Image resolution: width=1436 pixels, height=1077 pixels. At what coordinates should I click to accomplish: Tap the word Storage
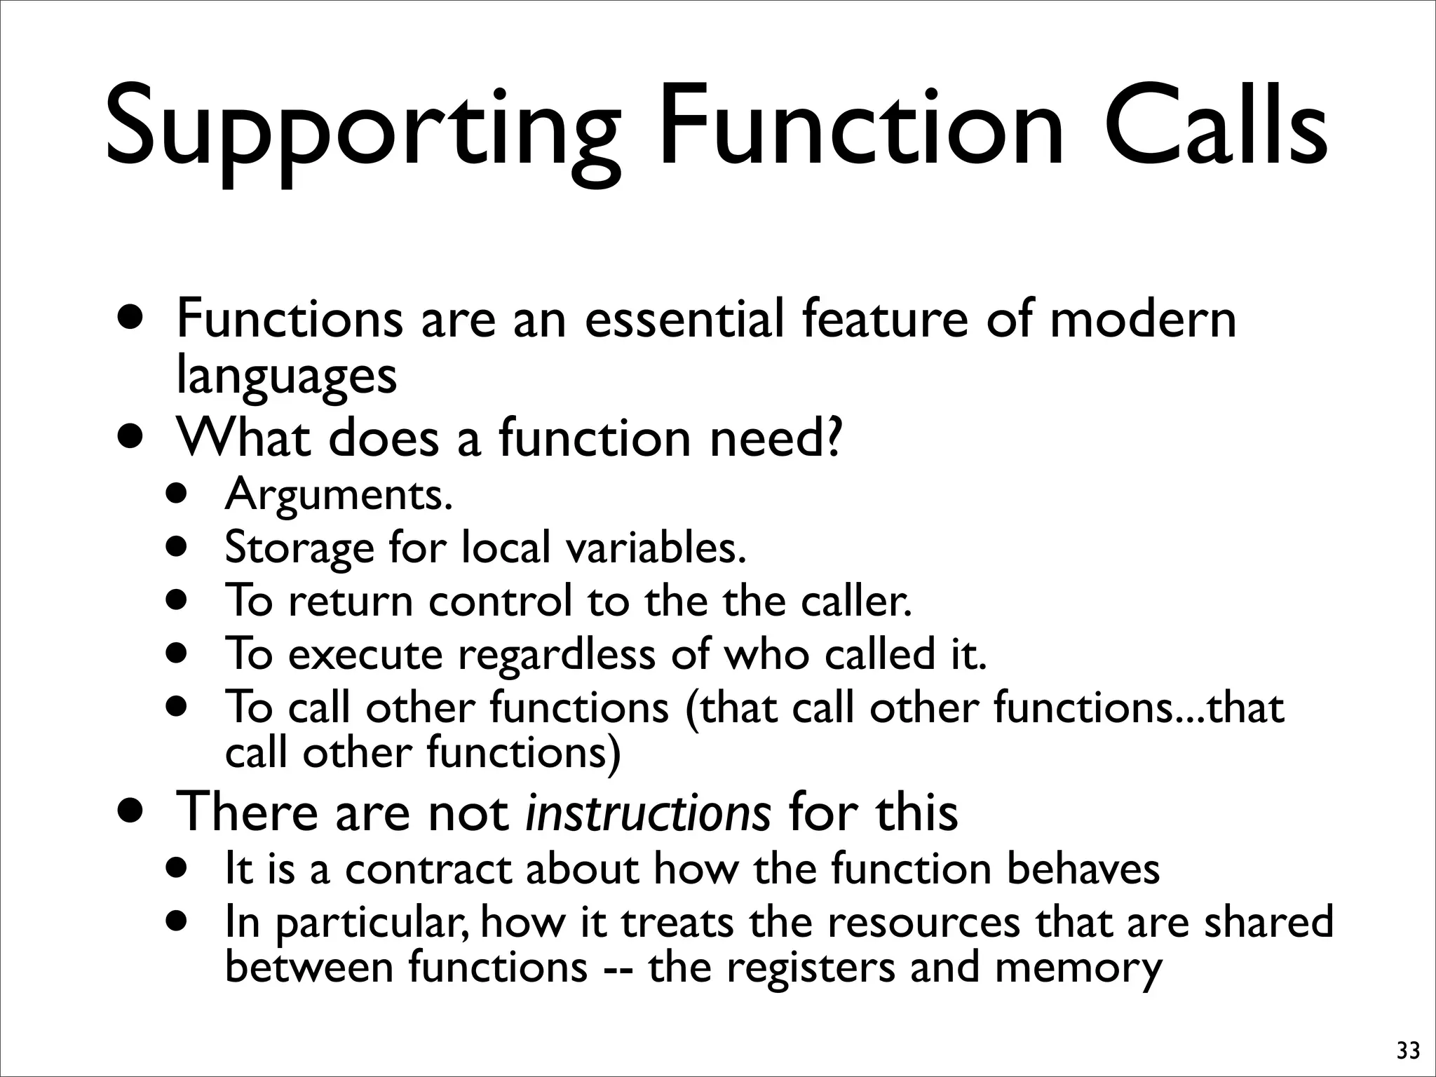click(299, 548)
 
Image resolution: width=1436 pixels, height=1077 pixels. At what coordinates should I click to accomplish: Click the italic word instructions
click(649, 812)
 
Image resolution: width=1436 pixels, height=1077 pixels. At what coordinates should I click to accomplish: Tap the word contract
click(428, 869)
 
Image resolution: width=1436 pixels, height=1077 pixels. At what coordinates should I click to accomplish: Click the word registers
click(811, 968)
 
